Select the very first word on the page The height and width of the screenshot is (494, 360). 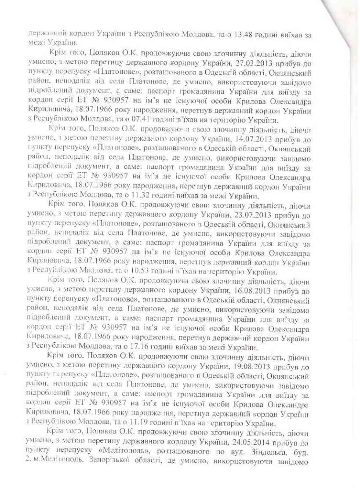tap(46, 33)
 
